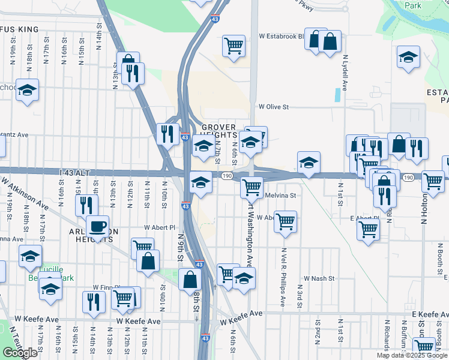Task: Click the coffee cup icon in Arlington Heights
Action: point(97,227)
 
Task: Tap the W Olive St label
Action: point(274,107)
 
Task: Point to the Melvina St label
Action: point(280,195)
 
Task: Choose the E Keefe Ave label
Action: point(430,314)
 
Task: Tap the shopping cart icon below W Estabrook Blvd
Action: point(233,45)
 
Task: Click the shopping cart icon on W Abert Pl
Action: point(285,221)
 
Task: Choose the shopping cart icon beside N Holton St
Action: point(432,181)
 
